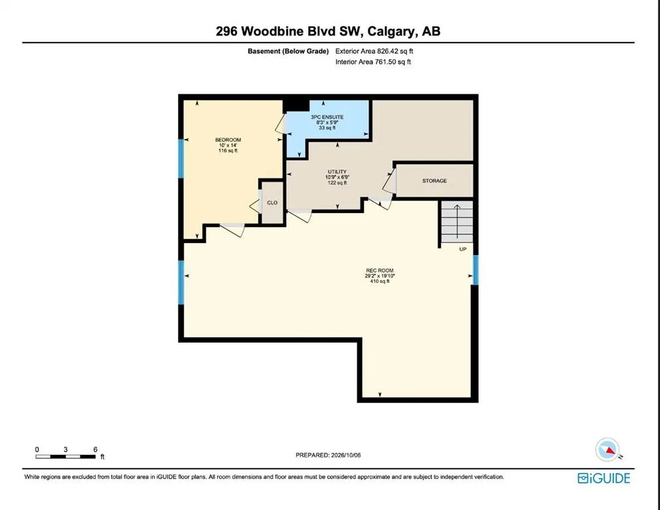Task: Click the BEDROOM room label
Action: [228, 140]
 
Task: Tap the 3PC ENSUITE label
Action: [327, 117]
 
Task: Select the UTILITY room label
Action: [337, 172]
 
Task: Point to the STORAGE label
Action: [434, 181]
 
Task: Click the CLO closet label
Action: [272, 203]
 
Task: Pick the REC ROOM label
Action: [380, 270]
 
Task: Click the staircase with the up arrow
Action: [457, 222]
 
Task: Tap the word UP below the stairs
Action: [463, 249]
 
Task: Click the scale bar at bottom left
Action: [65, 456]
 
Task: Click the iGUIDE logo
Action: [604, 478]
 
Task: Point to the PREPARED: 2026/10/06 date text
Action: [328, 456]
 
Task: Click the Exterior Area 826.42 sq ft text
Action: [374, 51]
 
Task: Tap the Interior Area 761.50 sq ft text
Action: [373, 62]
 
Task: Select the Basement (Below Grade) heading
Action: [288, 51]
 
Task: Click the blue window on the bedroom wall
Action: [181, 158]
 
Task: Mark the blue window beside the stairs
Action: [475, 270]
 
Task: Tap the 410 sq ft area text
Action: [380, 282]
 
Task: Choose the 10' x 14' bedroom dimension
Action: [228, 145]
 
